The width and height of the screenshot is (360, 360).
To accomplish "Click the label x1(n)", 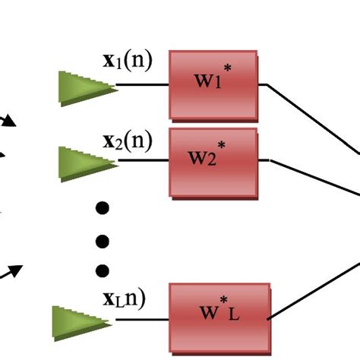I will pos(127,61).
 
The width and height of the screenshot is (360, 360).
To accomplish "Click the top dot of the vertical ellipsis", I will pos(102,207).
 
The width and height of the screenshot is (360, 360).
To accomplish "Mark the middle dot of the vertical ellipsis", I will pos(102,241).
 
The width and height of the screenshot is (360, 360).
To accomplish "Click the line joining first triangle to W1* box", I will pos(143,85).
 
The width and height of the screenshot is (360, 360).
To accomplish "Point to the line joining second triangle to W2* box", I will pos(143,160).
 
